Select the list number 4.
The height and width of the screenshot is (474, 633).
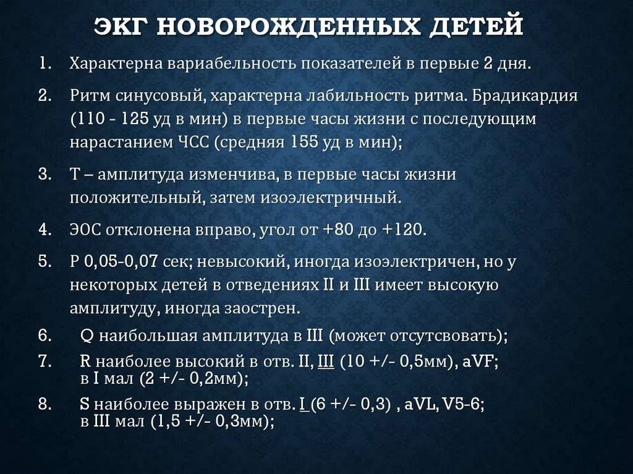(x=45, y=229)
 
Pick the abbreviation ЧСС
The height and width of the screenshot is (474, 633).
(x=193, y=143)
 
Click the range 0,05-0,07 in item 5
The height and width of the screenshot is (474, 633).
(x=121, y=262)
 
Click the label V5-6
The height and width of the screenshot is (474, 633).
(x=463, y=404)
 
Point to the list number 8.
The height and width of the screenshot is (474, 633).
(x=45, y=404)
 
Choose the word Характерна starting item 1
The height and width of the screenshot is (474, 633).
(x=115, y=64)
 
